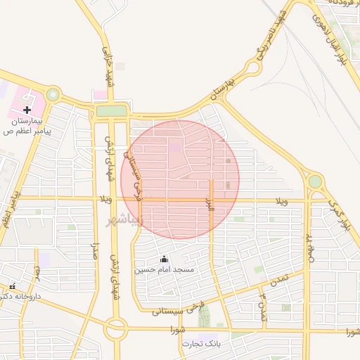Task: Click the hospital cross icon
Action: tap(27, 109)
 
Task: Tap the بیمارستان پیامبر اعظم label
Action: tap(28, 126)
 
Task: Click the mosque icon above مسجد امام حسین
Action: tap(165, 259)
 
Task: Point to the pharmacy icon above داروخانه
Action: tap(12, 286)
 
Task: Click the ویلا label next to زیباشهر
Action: tap(106, 202)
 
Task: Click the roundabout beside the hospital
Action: tap(53, 94)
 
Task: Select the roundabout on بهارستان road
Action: tap(252, 68)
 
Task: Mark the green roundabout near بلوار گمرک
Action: tap(314, 181)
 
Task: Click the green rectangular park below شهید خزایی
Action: tap(111, 110)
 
